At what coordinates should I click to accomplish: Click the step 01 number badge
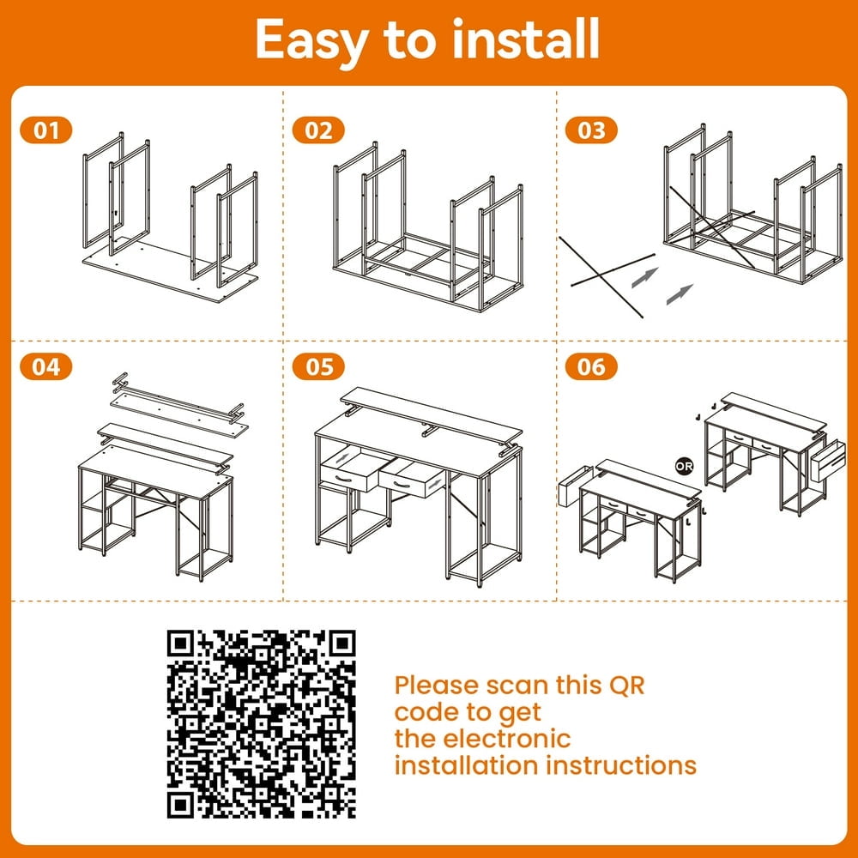tap(46, 130)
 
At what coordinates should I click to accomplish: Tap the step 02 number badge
tap(318, 130)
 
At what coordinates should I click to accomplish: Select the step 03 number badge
tap(591, 130)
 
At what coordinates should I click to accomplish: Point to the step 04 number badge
tap(46, 366)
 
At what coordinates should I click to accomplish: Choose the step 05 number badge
tap(318, 366)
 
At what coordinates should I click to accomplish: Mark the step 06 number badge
tap(591, 366)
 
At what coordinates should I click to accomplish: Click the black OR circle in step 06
tap(684, 466)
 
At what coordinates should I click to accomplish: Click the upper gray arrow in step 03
tap(644, 277)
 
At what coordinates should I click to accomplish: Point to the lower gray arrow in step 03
tap(680, 294)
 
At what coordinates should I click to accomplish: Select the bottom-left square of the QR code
tap(180, 806)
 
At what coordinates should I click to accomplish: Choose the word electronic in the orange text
tap(507, 739)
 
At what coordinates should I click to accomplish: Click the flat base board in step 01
tap(170, 272)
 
